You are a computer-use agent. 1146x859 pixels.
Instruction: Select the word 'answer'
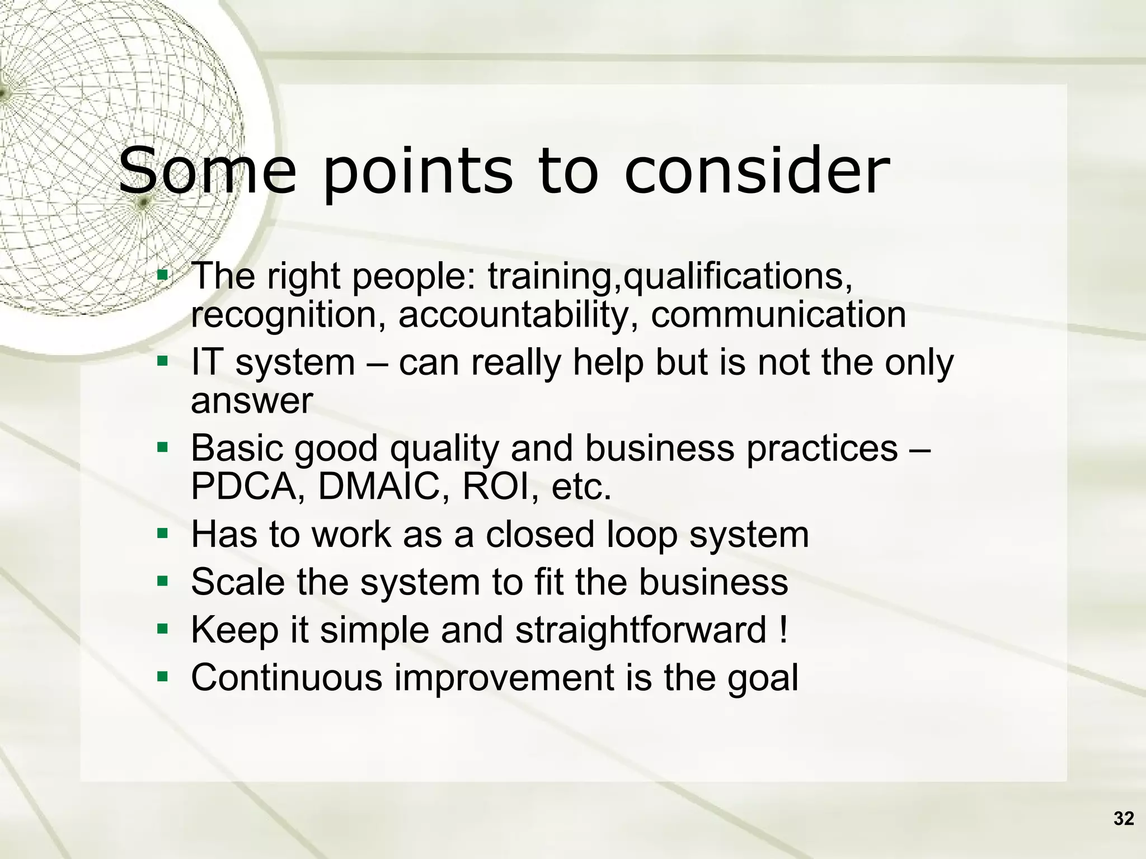point(252,401)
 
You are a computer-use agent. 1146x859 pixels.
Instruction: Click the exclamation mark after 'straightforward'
point(783,630)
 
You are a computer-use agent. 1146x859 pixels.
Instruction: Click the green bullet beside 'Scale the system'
point(162,582)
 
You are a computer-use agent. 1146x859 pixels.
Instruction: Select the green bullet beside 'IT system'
point(162,362)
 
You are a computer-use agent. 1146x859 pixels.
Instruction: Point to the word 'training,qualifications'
point(670,276)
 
